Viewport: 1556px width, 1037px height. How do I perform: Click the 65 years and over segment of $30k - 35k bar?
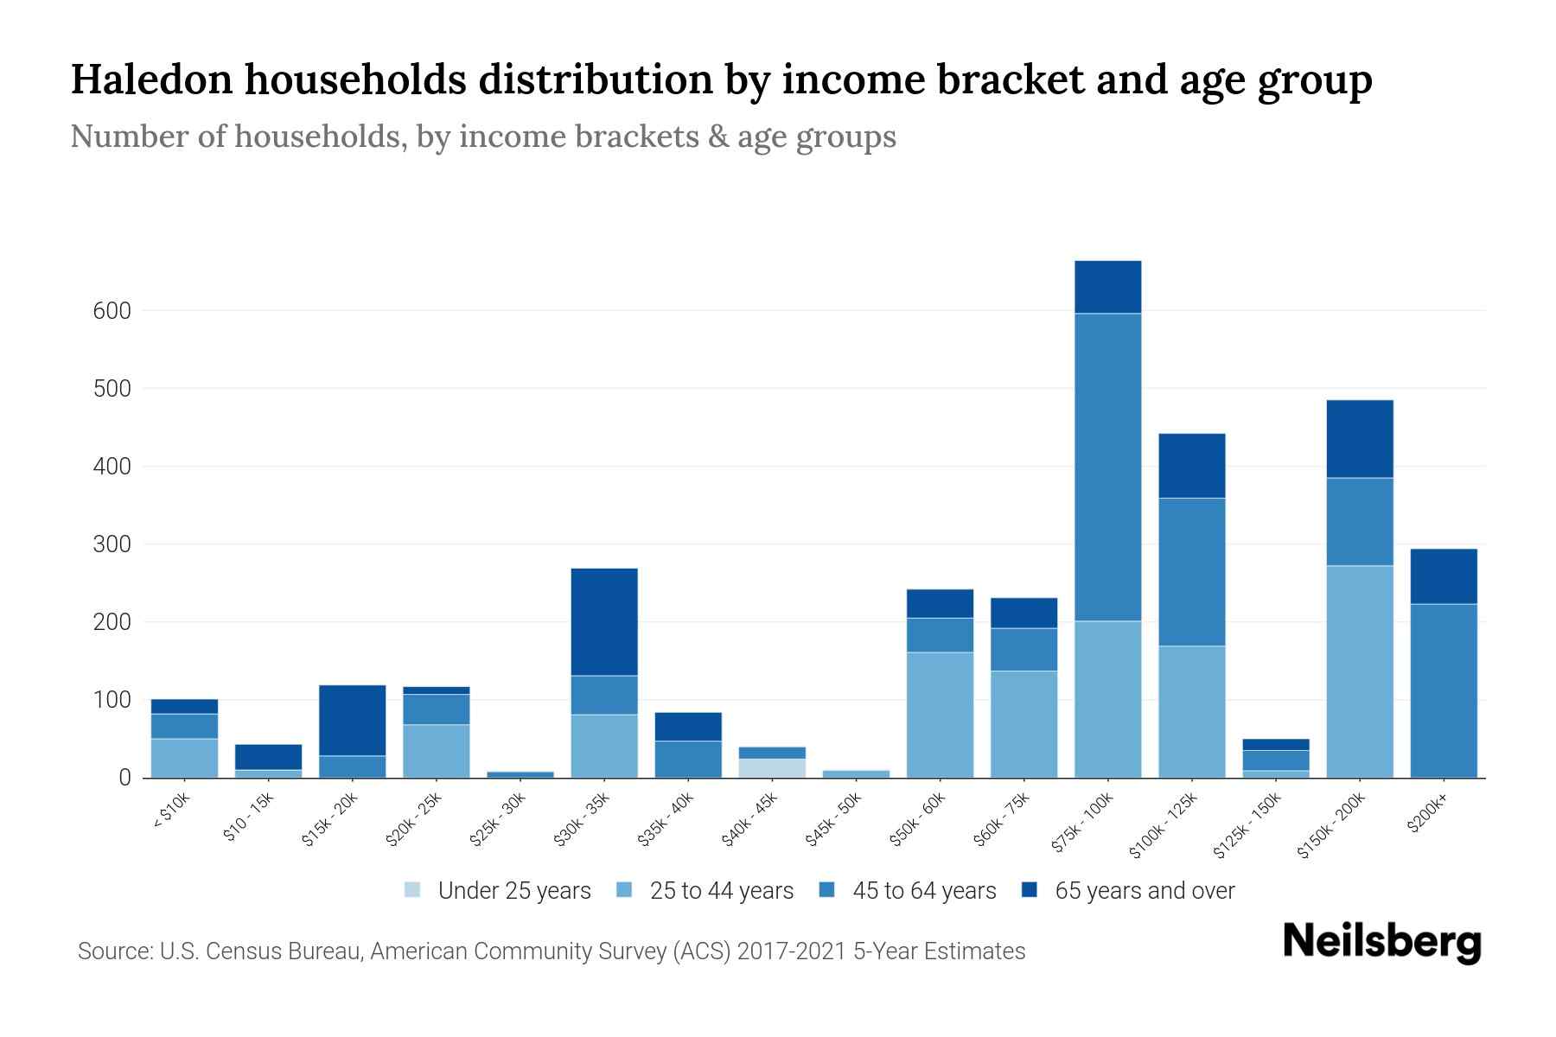[604, 621]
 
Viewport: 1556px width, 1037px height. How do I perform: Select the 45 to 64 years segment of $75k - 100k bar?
[1107, 467]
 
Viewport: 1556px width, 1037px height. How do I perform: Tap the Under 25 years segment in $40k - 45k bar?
[772, 768]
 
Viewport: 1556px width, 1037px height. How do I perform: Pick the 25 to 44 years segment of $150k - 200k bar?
[1359, 671]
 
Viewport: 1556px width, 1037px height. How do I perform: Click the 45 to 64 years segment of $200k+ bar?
[1443, 690]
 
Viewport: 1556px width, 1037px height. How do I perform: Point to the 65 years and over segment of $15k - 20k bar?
[353, 720]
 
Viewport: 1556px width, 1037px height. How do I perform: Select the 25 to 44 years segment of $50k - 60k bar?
[940, 715]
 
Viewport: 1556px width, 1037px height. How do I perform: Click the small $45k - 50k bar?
[856, 773]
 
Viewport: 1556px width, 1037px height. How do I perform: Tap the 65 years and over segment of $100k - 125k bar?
[1191, 466]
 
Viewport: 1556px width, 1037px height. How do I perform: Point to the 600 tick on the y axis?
[112, 311]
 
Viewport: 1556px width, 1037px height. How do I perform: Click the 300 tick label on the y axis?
[112, 544]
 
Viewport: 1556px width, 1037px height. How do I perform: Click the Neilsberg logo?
[1381, 942]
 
